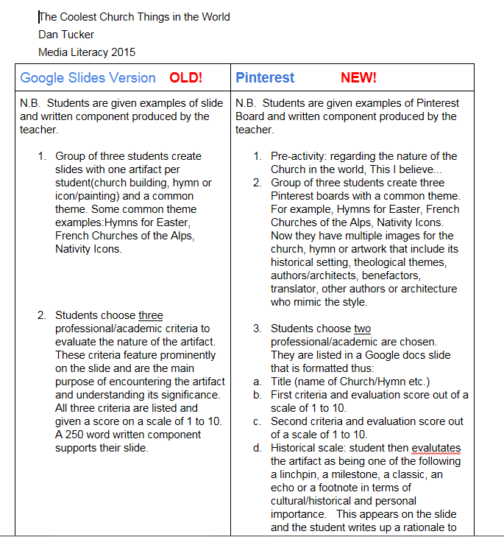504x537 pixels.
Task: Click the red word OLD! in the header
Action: [185, 78]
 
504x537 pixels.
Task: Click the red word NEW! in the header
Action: [358, 78]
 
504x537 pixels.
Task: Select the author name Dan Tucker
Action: [67, 34]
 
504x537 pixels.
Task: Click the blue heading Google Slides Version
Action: [88, 78]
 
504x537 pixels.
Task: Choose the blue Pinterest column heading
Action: [265, 78]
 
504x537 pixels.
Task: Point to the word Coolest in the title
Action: [87, 16]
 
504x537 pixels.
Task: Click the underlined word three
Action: [151, 315]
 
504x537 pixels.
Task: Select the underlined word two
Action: [363, 329]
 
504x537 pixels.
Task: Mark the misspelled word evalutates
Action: [436, 448]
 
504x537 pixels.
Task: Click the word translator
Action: [294, 289]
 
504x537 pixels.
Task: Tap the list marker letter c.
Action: [256, 421]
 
